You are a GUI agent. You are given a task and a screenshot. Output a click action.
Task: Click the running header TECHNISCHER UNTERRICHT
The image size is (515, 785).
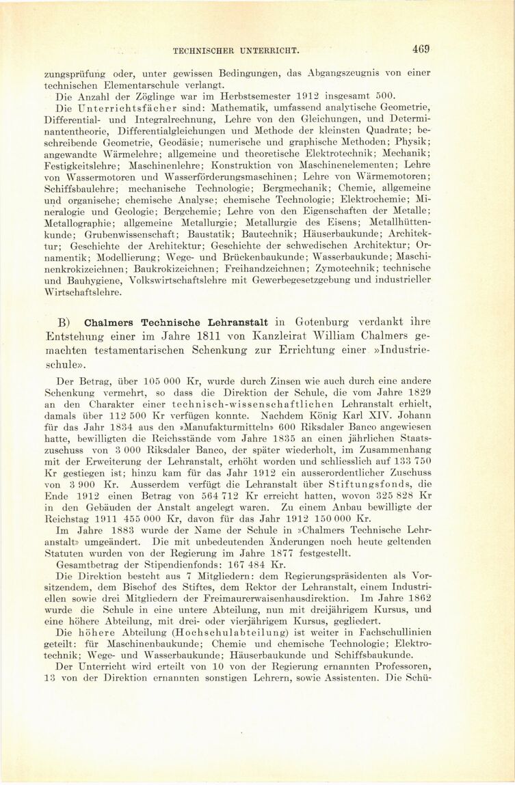[x=237, y=51]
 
